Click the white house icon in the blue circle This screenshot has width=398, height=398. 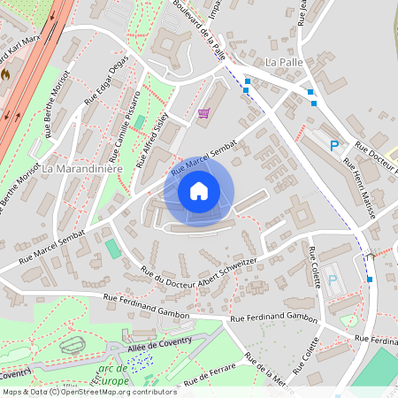(199, 190)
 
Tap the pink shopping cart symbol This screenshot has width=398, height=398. (204, 112)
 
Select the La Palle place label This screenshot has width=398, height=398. (284, 63)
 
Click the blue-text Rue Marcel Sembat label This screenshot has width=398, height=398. (204, 155)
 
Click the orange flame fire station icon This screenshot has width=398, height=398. (5, 76)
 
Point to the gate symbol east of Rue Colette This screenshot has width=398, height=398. (368, 256)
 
